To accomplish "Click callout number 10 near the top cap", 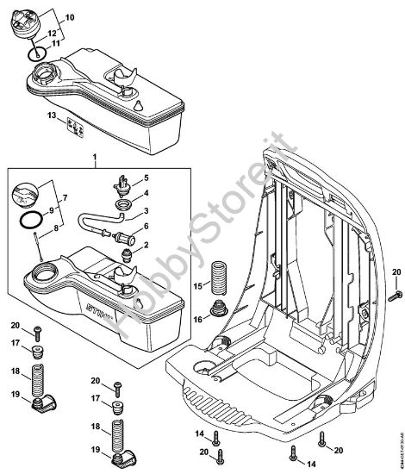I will click(70, 16).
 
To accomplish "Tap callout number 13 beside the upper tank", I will click(51, 115).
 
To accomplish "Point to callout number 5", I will click(145, 177).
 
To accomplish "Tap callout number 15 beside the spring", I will click(197, 285).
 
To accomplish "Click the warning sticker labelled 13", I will click(77, 126).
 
